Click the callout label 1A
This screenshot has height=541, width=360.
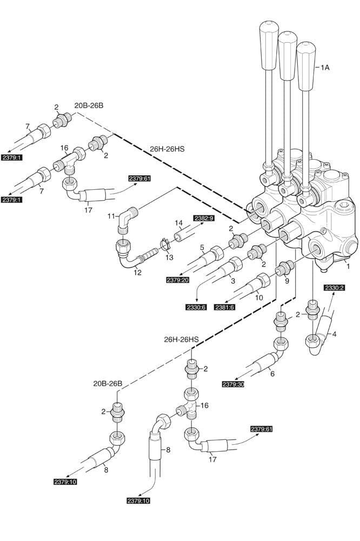(x=325, y=68)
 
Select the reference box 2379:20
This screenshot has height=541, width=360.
(x=178, y=280)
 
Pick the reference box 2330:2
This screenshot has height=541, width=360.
(x=334, y=288)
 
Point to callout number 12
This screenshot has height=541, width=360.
(x=137, y=273)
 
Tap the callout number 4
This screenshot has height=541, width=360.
(x=334, y=334)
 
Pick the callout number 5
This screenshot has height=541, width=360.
(x=202, y=248)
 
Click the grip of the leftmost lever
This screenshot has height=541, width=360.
(x=269, y=45)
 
